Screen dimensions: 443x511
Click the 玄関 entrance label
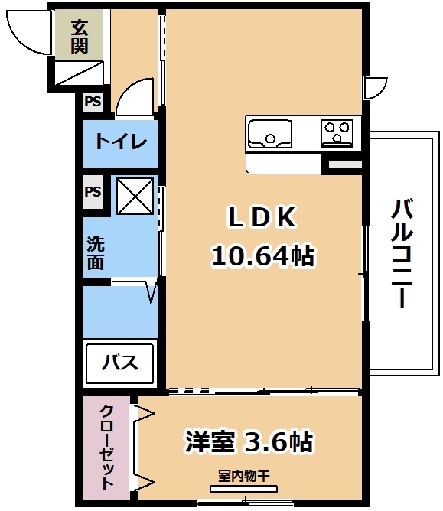click(80, 37)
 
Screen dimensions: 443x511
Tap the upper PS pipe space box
click(93, 102)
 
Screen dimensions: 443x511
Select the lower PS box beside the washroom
click(93, 191)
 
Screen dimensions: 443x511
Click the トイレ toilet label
click(121, 142)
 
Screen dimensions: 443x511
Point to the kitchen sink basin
click(270, 135)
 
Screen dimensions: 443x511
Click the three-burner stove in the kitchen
click(337, 134)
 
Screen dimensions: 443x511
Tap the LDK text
click(262, 217)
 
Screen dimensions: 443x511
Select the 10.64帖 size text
click(263, 255)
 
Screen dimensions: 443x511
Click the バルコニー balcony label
click(402, 253)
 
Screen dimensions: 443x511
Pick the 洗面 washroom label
click(96, 253)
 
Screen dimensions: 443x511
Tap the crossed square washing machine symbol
click(135, 196)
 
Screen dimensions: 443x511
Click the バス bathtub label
click(119, 363)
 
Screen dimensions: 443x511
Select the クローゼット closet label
click(107, 448)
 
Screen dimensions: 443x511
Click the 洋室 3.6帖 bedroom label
click(249, 441)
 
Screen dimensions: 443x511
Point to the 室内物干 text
click(244, 476)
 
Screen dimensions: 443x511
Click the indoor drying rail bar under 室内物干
click(244, 489)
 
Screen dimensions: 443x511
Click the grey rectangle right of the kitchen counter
click(344, 164)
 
